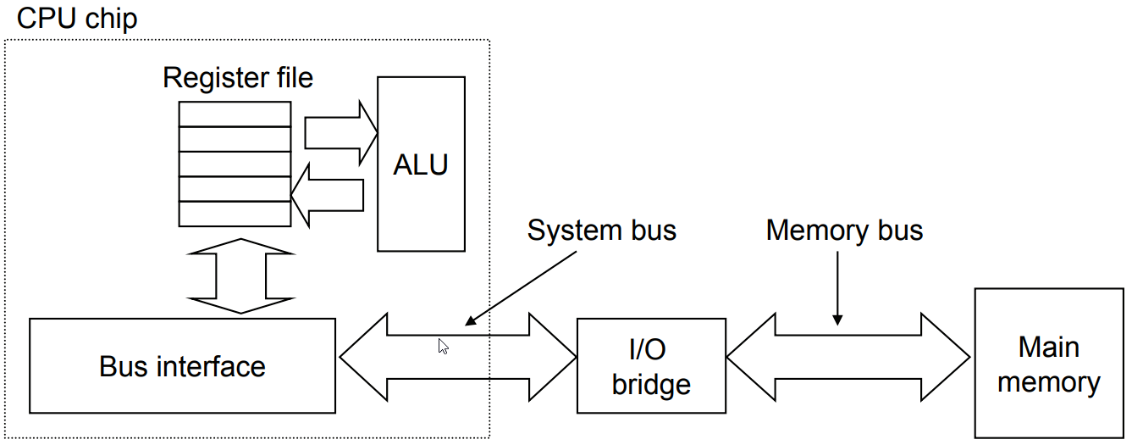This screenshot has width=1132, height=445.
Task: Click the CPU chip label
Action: (77, 19)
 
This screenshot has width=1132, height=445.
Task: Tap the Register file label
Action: (237, 78)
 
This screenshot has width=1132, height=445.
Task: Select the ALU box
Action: (421, 164)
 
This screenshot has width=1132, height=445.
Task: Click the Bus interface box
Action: (182, 366)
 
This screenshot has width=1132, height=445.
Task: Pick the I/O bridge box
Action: (650, 366)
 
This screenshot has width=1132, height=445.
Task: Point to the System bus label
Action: (601, 230)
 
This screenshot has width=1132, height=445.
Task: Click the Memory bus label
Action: (844, 230)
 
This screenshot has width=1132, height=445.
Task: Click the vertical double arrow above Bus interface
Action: (241, 275)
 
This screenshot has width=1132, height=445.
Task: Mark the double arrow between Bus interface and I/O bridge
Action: (457, 356)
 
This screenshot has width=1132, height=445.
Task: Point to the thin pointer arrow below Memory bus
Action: (837, 288)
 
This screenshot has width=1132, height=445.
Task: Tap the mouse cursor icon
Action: (443, 346)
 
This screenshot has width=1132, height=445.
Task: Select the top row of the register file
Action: (235, 114)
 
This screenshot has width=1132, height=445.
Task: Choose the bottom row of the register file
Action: (235, 214)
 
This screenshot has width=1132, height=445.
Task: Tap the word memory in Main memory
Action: (1048, 381)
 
